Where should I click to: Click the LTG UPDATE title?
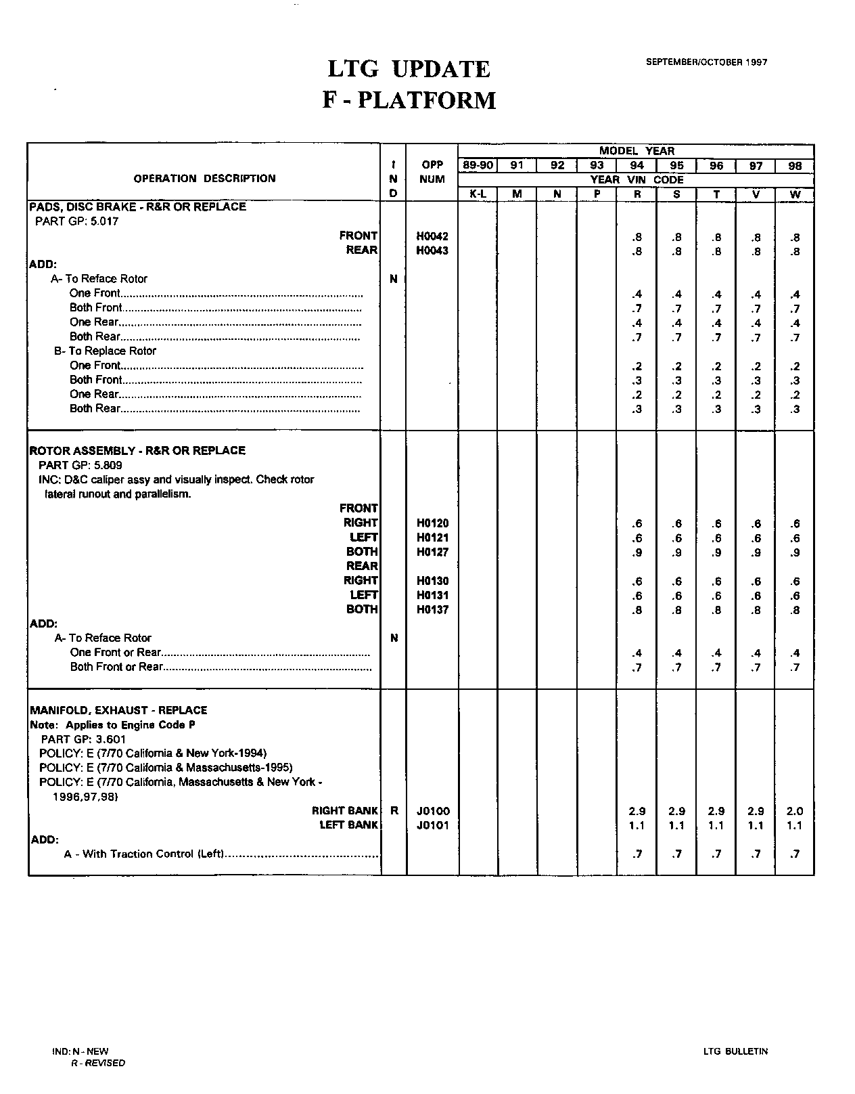tap(409, 69)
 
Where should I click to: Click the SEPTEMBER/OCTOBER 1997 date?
tap(706, 62)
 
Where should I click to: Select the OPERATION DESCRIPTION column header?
tap(204, 179)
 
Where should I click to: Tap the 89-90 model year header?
tap(478, 165)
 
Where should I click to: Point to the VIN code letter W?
tap(795, 194)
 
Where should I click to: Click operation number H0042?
tap(432, 236)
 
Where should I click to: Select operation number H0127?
tap(432, 552)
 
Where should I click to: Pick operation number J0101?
tap(433, 825)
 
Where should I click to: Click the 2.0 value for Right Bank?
tap(795, 811)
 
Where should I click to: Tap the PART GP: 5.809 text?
tap(80, 465)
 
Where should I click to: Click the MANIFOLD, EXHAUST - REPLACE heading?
tap(118, 710)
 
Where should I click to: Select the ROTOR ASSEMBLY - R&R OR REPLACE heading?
tap(137, 450)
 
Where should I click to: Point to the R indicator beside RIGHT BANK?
tap(394, 811)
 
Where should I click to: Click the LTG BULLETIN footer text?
tap(735, 1051)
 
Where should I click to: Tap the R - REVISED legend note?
tap(98, 1063)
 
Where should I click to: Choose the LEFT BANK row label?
tap(348, 825)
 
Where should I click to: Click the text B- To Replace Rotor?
tap(105, 351)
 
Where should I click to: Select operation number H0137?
tap(432, 610)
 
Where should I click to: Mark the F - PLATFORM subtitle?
tap(409, 100)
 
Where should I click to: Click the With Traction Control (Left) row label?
tap(144, 854)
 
